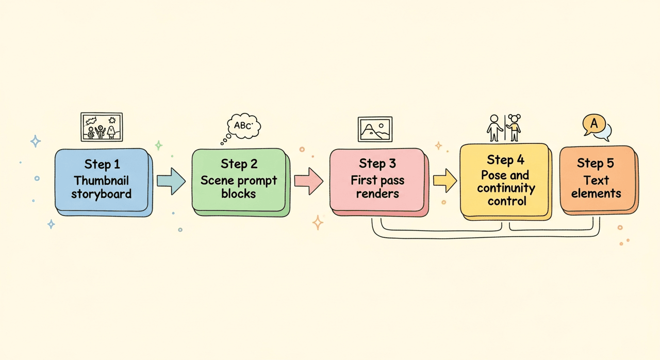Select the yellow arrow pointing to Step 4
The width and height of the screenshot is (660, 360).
tap(444, 180)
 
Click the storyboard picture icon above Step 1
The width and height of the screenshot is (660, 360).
tap(102, 127)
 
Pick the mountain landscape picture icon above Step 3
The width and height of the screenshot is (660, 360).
tap(375, 129)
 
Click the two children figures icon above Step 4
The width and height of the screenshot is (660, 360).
tap(505, 127)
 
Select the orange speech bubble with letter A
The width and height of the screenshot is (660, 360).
tap(593, 124)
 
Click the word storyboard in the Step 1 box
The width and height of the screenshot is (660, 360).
tap(101, 194)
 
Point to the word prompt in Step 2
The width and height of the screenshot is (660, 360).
tap(255, 181)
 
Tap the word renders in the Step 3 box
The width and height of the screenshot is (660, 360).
tap(378, 194)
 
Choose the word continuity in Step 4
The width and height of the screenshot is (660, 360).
tap(506, 188)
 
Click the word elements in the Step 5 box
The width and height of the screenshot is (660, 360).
tap(596, 194)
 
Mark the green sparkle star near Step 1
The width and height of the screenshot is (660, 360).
tap(159, 145)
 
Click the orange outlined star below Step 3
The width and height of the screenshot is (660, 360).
tap(318, 223)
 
